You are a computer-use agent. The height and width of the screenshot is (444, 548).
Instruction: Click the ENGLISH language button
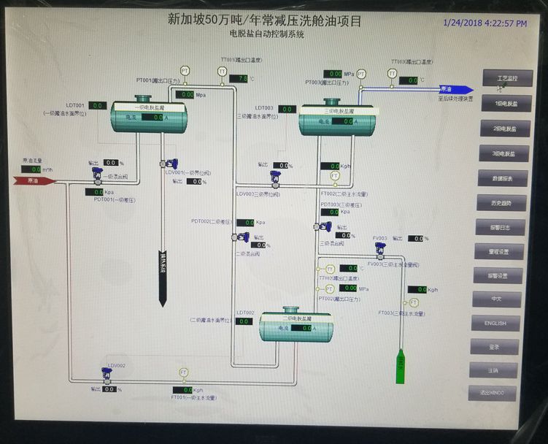495,323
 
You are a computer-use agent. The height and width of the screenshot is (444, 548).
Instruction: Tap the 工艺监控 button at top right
506,77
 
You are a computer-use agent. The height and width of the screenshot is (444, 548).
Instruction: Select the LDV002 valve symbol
107,374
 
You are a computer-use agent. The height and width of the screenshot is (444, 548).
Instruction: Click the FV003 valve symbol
379,248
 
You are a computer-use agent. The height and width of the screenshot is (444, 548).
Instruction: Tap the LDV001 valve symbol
170,164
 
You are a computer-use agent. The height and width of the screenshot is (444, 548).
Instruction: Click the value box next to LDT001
99,106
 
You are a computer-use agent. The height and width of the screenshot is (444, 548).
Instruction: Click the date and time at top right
485,23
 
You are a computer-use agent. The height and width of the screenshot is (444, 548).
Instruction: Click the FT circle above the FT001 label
184,373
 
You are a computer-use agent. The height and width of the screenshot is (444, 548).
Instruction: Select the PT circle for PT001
185,71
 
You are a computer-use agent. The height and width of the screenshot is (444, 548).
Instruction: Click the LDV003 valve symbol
275,177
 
